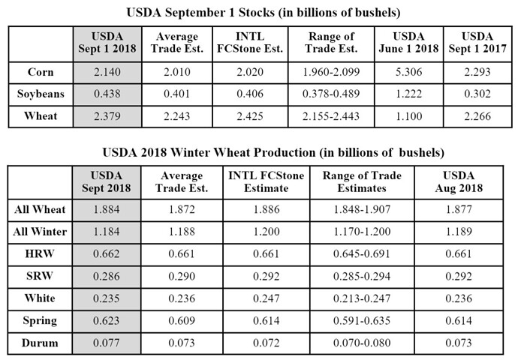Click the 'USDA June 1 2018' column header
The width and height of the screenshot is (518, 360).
(413, 43)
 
